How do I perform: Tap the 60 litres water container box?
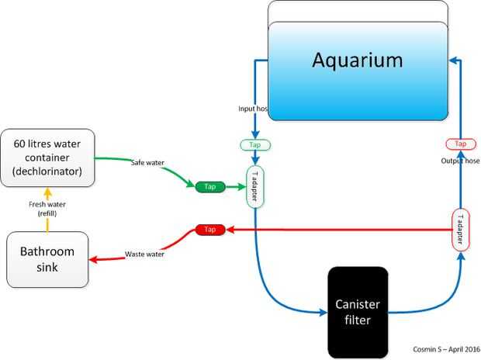(48, 157)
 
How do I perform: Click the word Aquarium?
(358, 60)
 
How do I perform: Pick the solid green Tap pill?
(210, 187)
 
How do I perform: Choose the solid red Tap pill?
(209, 230)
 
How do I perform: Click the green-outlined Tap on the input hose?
(255, 145)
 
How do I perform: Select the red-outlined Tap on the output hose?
(460, 144)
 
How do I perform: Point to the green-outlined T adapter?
(255, 187)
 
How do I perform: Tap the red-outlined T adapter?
(460, 230)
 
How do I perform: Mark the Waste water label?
(146, 254)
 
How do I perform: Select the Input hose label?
(252, 109)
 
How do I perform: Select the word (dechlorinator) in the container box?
(48, 171)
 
